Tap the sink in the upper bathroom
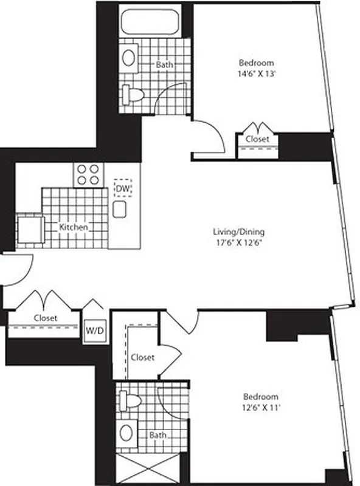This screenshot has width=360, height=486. click(x=129, y=58)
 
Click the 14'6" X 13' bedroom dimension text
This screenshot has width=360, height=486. click(x=256, y=75)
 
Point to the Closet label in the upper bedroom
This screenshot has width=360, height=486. click(x=257, y=139)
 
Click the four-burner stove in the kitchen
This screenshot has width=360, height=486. click(x=89, y=174)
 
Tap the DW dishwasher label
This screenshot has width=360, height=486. click(x=123, y=189)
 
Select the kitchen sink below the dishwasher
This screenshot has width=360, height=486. click(x=120, y=209)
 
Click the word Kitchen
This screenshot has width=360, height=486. click(x=74, y=227)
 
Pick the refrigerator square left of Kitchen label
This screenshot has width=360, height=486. click(x=29, y=230)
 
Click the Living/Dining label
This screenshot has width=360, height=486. click(x=239, y=231)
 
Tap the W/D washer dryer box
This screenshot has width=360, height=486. click(x=94, y=331)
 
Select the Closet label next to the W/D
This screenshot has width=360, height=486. click(x=46, y=318)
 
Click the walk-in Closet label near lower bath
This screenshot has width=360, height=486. click(x=142, y=357)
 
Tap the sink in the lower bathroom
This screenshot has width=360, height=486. click(x=126, y=433)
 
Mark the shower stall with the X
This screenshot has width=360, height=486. click(x=147, y=470)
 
